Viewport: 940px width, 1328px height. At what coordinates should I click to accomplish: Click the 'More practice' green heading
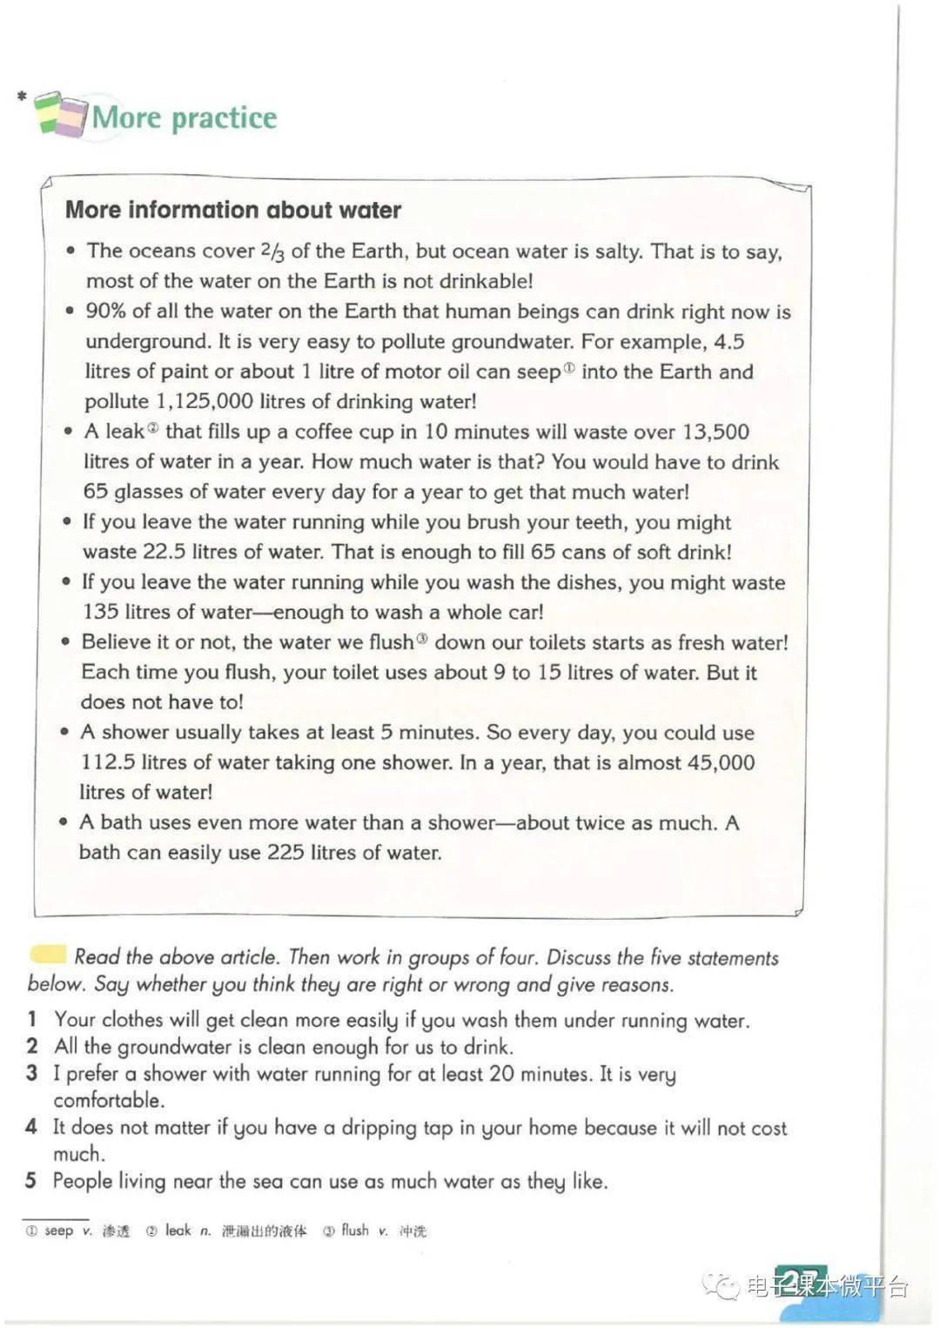(184, 117)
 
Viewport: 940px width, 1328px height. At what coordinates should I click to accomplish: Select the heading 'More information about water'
(233, 210)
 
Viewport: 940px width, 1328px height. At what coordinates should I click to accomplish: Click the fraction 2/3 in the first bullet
(272, 252)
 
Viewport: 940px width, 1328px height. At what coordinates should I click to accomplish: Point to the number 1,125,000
(205, 401)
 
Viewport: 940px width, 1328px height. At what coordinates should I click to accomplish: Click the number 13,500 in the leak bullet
(715, 432)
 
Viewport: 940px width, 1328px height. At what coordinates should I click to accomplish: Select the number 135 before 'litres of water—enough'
(100, 612)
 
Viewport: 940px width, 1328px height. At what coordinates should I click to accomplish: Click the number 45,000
(721, 762)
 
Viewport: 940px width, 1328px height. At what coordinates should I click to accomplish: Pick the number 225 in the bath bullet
(285, 852)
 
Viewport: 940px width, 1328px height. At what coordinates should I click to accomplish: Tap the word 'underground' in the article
(148, 341)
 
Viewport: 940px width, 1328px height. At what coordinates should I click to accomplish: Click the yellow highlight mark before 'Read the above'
(48, 955)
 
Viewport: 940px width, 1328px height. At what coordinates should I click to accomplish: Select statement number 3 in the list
(32, 1073)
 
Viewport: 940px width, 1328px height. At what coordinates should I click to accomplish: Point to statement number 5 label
(31, 1181)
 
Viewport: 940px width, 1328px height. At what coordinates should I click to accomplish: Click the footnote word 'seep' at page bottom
(58, 1231)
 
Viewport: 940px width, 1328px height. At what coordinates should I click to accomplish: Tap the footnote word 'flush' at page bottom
(354, 1231)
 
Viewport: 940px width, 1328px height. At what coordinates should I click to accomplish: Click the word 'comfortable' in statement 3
(109, 1100)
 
